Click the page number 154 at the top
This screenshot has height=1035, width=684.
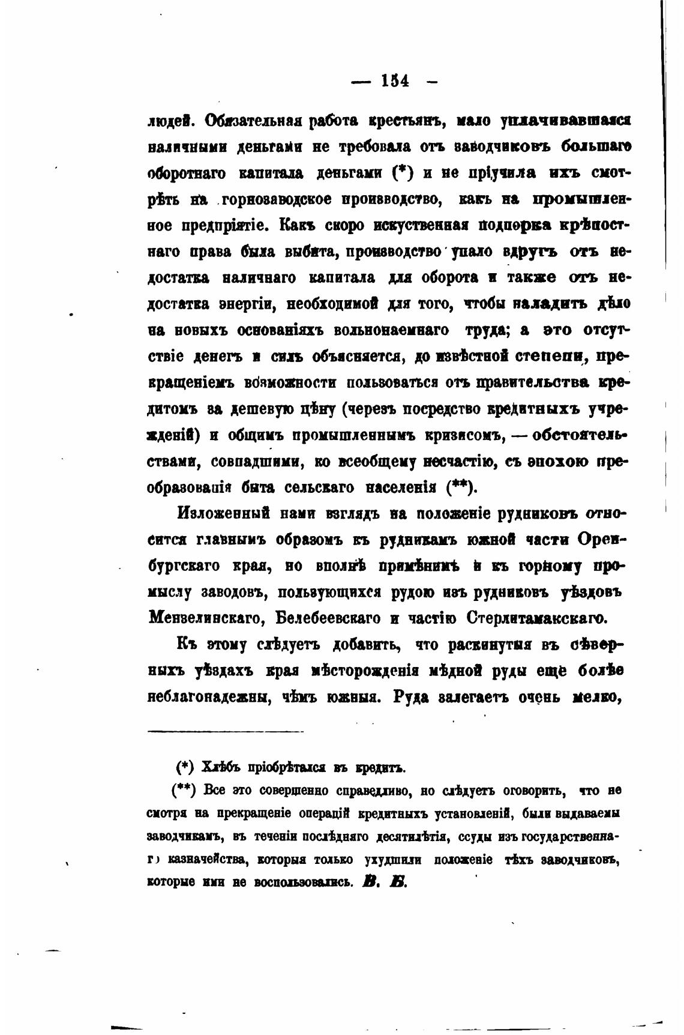(x=394, y=80)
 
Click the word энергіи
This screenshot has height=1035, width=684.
(x=245, y=304)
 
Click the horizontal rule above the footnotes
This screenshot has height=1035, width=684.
(x=226, y=731)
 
